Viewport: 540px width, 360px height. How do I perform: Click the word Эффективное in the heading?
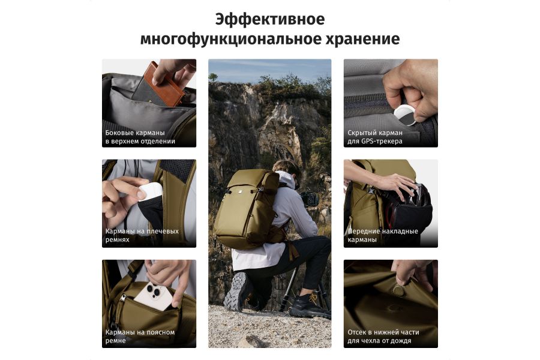point(269,19)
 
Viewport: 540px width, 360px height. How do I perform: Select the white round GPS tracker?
point(406,115)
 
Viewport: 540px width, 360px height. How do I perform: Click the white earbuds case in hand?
point(150,194)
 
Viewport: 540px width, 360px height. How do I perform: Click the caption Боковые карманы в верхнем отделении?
point(140,137)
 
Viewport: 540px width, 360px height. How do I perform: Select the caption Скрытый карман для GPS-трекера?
point(374,137)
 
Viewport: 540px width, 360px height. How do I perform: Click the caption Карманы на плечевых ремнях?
point(142,235)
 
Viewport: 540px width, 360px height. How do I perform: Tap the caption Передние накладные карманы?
point(383,235)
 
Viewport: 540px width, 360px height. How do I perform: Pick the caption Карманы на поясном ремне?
point(140,336)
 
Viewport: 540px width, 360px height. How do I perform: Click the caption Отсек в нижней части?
point(383,332)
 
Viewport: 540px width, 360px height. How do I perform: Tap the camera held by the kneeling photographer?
point(308,199)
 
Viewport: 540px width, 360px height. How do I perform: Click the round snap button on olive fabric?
point(399,290)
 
